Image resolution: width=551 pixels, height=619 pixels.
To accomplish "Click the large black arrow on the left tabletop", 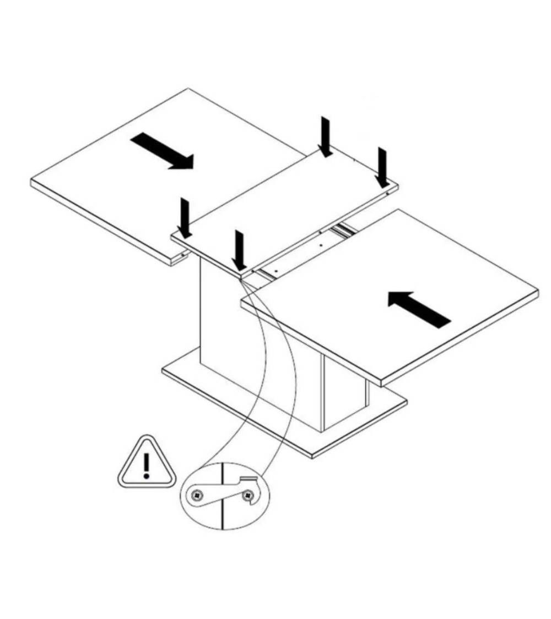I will click(162, 152).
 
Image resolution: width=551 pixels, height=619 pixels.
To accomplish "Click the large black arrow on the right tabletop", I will click(419, 309).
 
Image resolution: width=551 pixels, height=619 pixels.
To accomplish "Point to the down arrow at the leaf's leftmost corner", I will click(185, 218).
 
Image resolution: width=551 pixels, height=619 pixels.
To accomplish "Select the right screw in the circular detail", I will click(249, 495).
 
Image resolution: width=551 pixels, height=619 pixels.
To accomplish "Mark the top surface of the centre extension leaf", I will click(287, 209).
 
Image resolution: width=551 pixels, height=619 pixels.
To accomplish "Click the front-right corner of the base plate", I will click(312, 456).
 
